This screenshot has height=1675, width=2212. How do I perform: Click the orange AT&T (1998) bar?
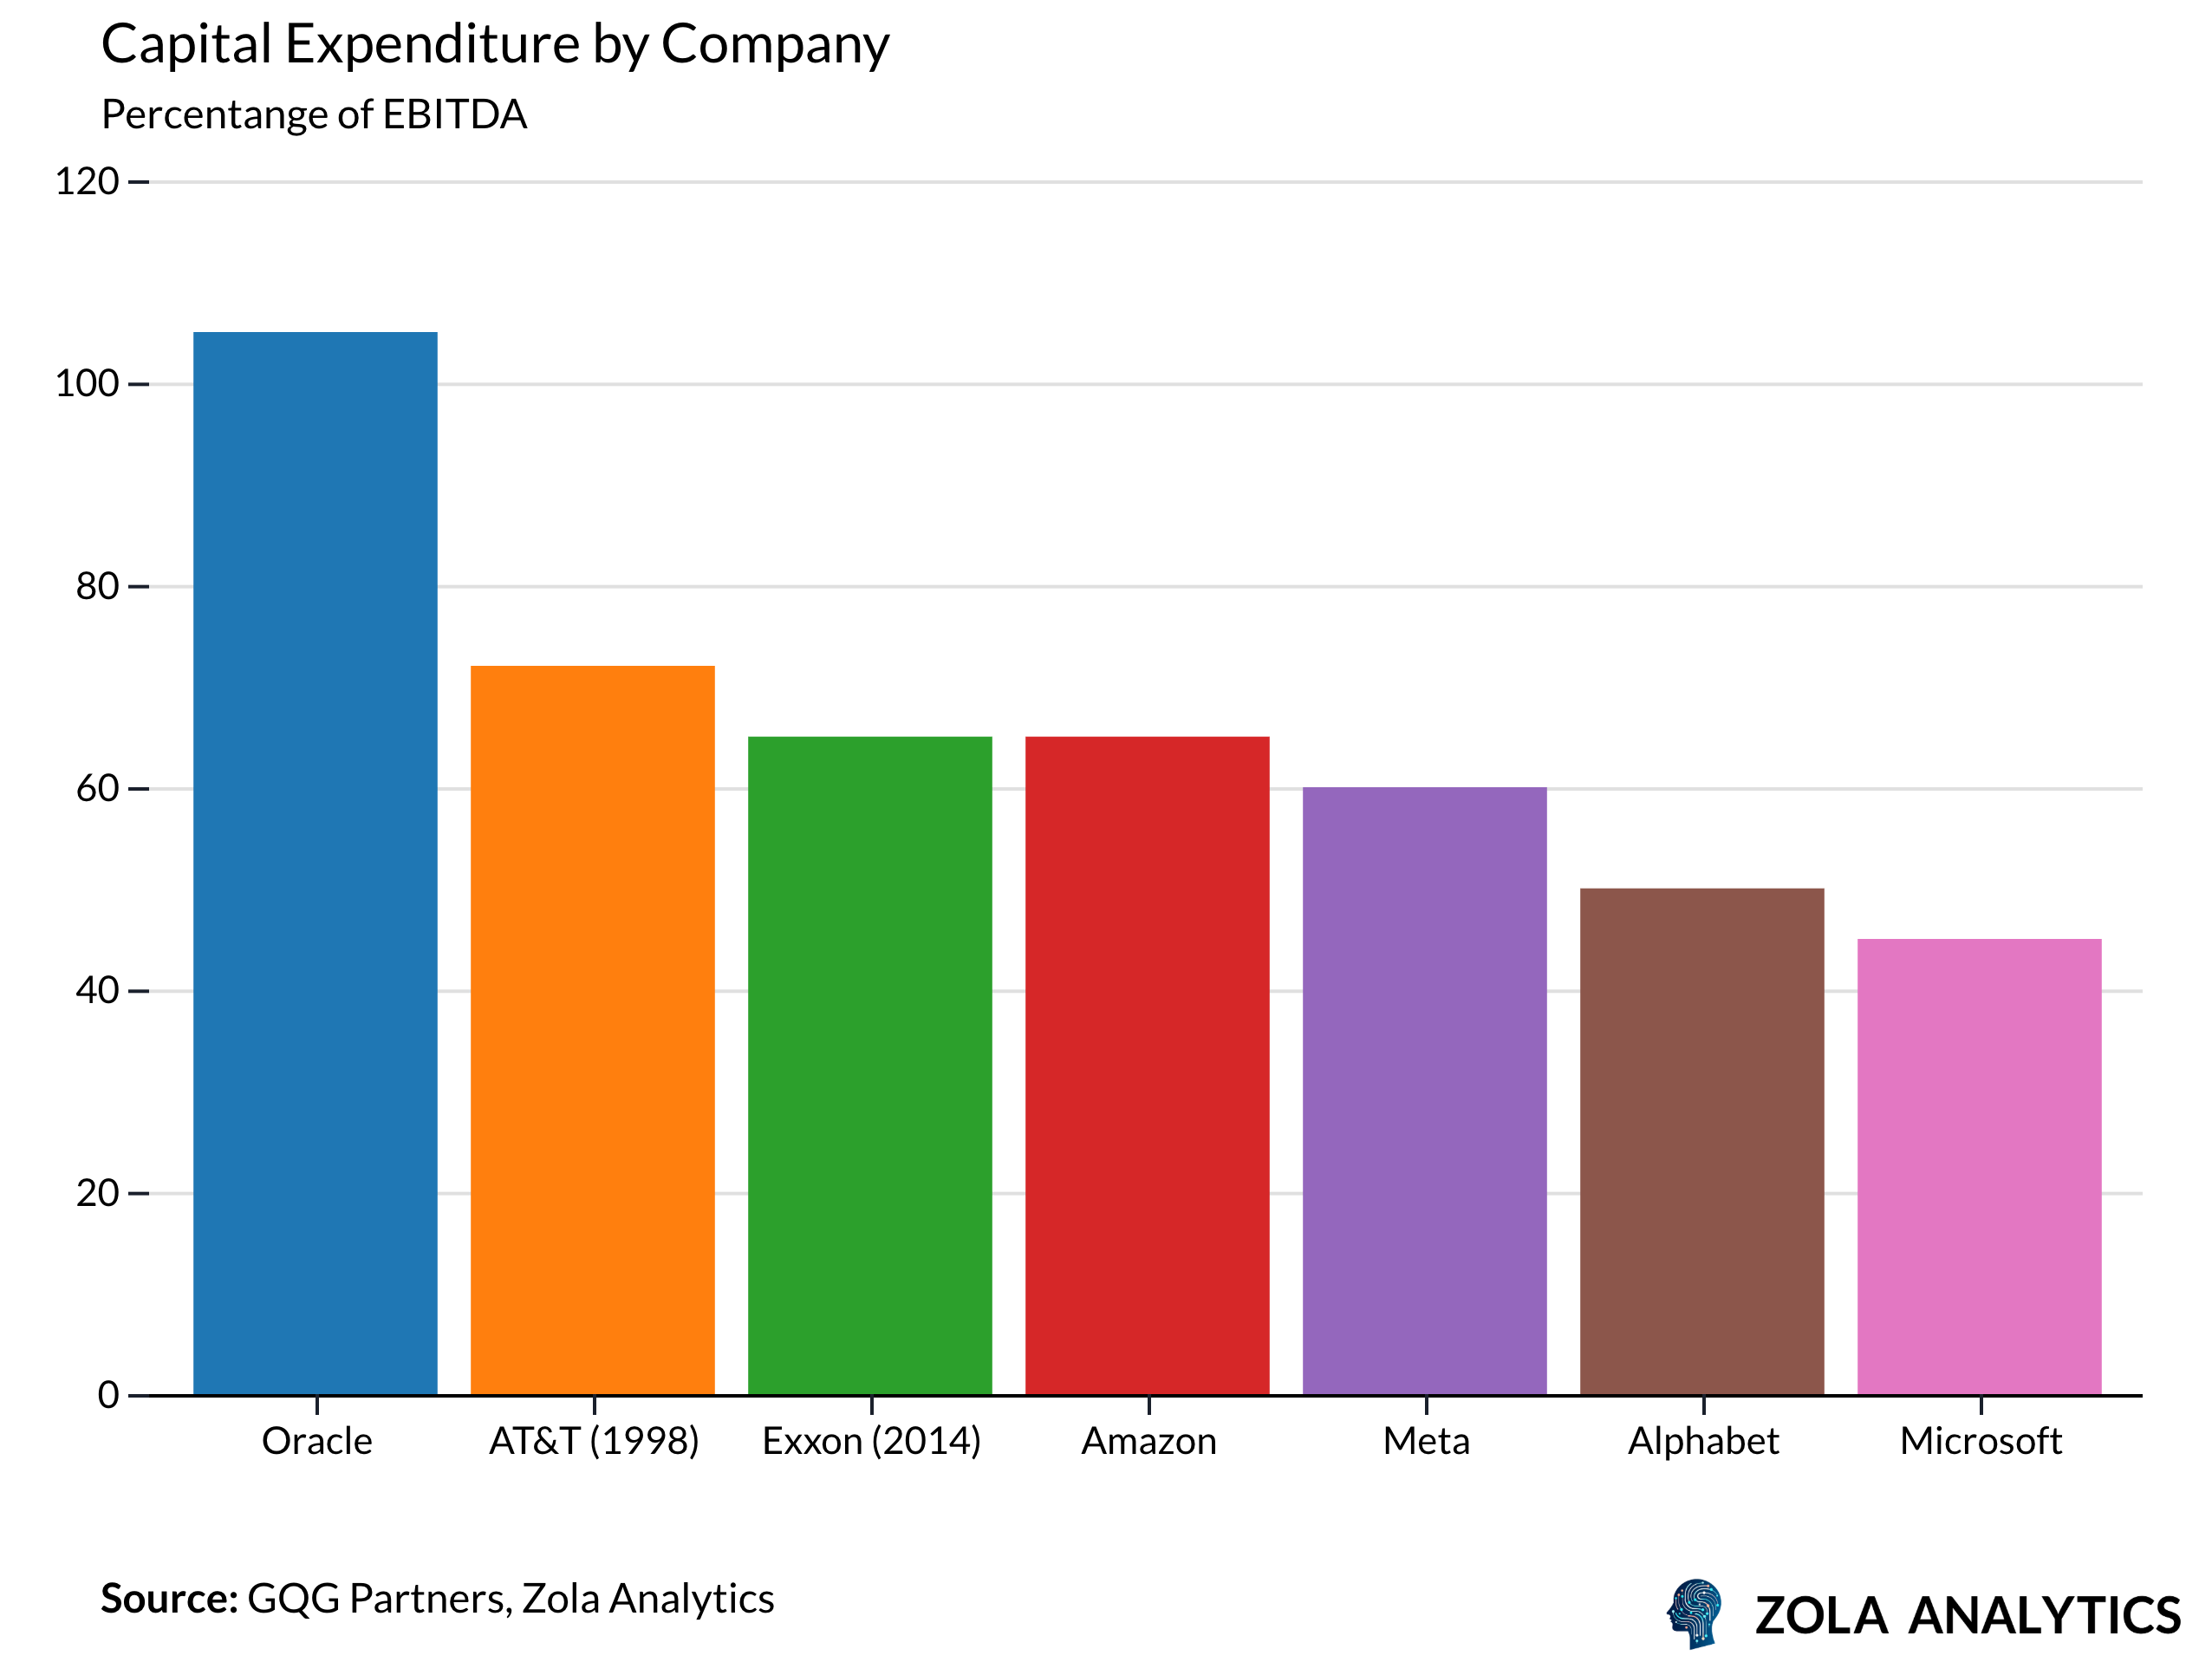pyautogui.click(x=592, y=1030)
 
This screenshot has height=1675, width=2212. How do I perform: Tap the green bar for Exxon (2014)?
pyautogui.click(x=870, y=1065)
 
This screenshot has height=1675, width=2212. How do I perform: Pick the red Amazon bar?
pyautogui.click(x=1147, y=1065)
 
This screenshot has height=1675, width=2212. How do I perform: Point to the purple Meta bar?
pyautogui.click(x=1424, y=1090)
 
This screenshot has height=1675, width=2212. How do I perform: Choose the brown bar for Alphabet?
pyautogui.click(x=1702, y=1141)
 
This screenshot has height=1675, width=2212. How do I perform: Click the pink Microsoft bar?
pyautogui.click(x=1979, y=1166)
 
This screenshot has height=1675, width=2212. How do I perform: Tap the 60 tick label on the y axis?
pyautogui.click(x=97, y=789)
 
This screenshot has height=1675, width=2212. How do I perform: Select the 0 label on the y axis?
pyautogui.click(x=108, y=1395)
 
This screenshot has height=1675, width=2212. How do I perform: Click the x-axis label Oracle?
pyautogui.click(x=317, y=1441)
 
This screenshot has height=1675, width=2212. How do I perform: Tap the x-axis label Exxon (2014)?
pyautogui.click(x=871, y=1441)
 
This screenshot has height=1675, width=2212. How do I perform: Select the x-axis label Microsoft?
pyautogui.click(x=1980, y=1441)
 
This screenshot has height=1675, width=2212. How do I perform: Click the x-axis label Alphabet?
pyautogui.click(x=1703, y=1441)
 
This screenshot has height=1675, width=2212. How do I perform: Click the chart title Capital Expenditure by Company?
pyautogui.click(x=495, y=45)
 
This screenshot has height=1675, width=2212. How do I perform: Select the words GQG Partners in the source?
pyautogui.click(x=378, y=1599)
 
